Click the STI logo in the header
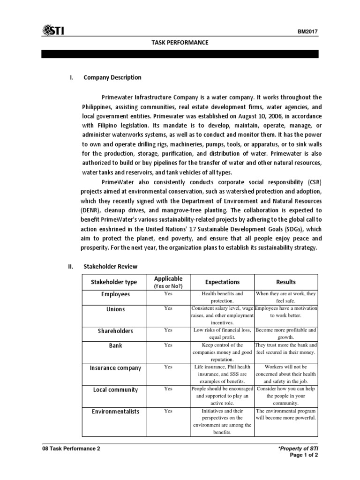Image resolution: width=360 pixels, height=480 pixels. pyautogui.click(x=53, y=30)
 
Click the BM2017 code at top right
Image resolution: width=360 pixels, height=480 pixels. pyautogui.click(x=308, y=32)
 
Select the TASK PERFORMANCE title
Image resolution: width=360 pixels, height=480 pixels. pyautogui.click(x=180, y=43)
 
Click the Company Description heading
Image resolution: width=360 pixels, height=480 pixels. pyautogui.click(x=112, y=77)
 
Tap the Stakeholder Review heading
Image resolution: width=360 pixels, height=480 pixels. pyautogui.click(x=110, y=266)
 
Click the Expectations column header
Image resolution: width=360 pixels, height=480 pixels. pyautogui.click(x=222, y=282)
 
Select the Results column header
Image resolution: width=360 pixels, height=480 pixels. pyautogui.click(x=285, y=282)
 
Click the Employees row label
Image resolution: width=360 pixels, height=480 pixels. pyautogui.click(x=115, y=294)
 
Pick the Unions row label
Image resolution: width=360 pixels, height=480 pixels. pyautogui.click(x=115, y=310)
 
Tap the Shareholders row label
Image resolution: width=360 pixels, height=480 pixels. pyautogui.click(x=115, y=331)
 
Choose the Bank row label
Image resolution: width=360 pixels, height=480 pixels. pyautogui.click(x=115, y=345)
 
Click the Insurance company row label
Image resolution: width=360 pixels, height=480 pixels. pyautogui.click(x=115, y=368)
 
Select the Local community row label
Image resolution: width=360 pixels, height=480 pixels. pyautogui.click(x=115, y=390)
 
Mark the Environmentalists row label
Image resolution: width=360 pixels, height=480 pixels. pyautogui.click(x=115, y=411)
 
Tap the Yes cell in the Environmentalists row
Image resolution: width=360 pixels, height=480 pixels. pyautogui.click(x=168, y=411)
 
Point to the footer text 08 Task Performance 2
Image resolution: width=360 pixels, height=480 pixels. pyautogui.click(x=71, y=449)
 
